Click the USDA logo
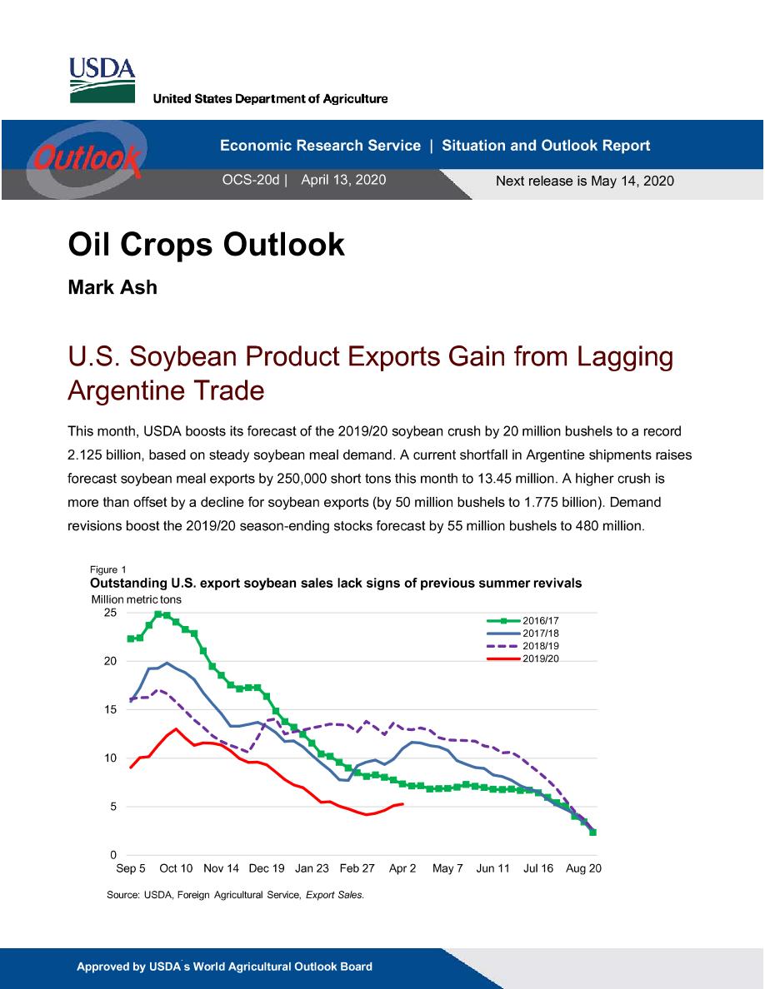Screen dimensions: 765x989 (102, 80)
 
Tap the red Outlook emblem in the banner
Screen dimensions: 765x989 (87, 157)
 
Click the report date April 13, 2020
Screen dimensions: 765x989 (343, 180)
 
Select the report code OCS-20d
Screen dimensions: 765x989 (251, 180)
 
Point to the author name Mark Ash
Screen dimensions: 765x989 (112, 287)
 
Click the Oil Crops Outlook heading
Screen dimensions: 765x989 (207, 244)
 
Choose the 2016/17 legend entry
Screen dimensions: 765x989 (523, 621)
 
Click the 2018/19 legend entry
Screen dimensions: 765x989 (523, 646)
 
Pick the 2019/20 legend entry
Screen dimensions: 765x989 (523, 659)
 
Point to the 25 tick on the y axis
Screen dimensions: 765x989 (111, 613)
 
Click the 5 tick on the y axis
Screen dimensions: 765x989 (113, 807)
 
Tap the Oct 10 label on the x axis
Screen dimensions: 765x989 (176, 868)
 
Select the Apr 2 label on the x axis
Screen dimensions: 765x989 (402, 868)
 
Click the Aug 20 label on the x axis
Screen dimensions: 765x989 (584, 868)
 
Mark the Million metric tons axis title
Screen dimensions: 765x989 (137, 600)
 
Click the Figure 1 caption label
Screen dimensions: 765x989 (108, 569)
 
